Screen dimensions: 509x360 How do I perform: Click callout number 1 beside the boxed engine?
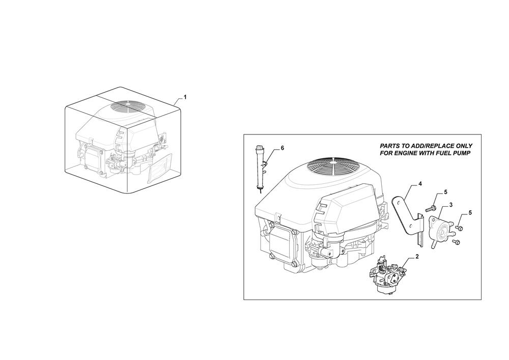click(185, 97)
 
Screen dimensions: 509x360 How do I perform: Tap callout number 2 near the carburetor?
click(417, 257)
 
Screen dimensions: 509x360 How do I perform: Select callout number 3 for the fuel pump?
click(451, 205)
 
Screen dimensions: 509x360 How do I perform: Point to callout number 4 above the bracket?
click(420, 184)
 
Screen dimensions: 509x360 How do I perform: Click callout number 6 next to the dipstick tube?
click(282, 148)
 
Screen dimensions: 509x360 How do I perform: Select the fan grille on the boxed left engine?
click(129, 106)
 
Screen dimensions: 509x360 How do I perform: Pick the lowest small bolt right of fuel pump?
click(457, 241)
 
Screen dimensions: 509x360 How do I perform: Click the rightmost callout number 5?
click(470, 213)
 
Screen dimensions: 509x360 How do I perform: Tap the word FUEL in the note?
click(441, 153)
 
